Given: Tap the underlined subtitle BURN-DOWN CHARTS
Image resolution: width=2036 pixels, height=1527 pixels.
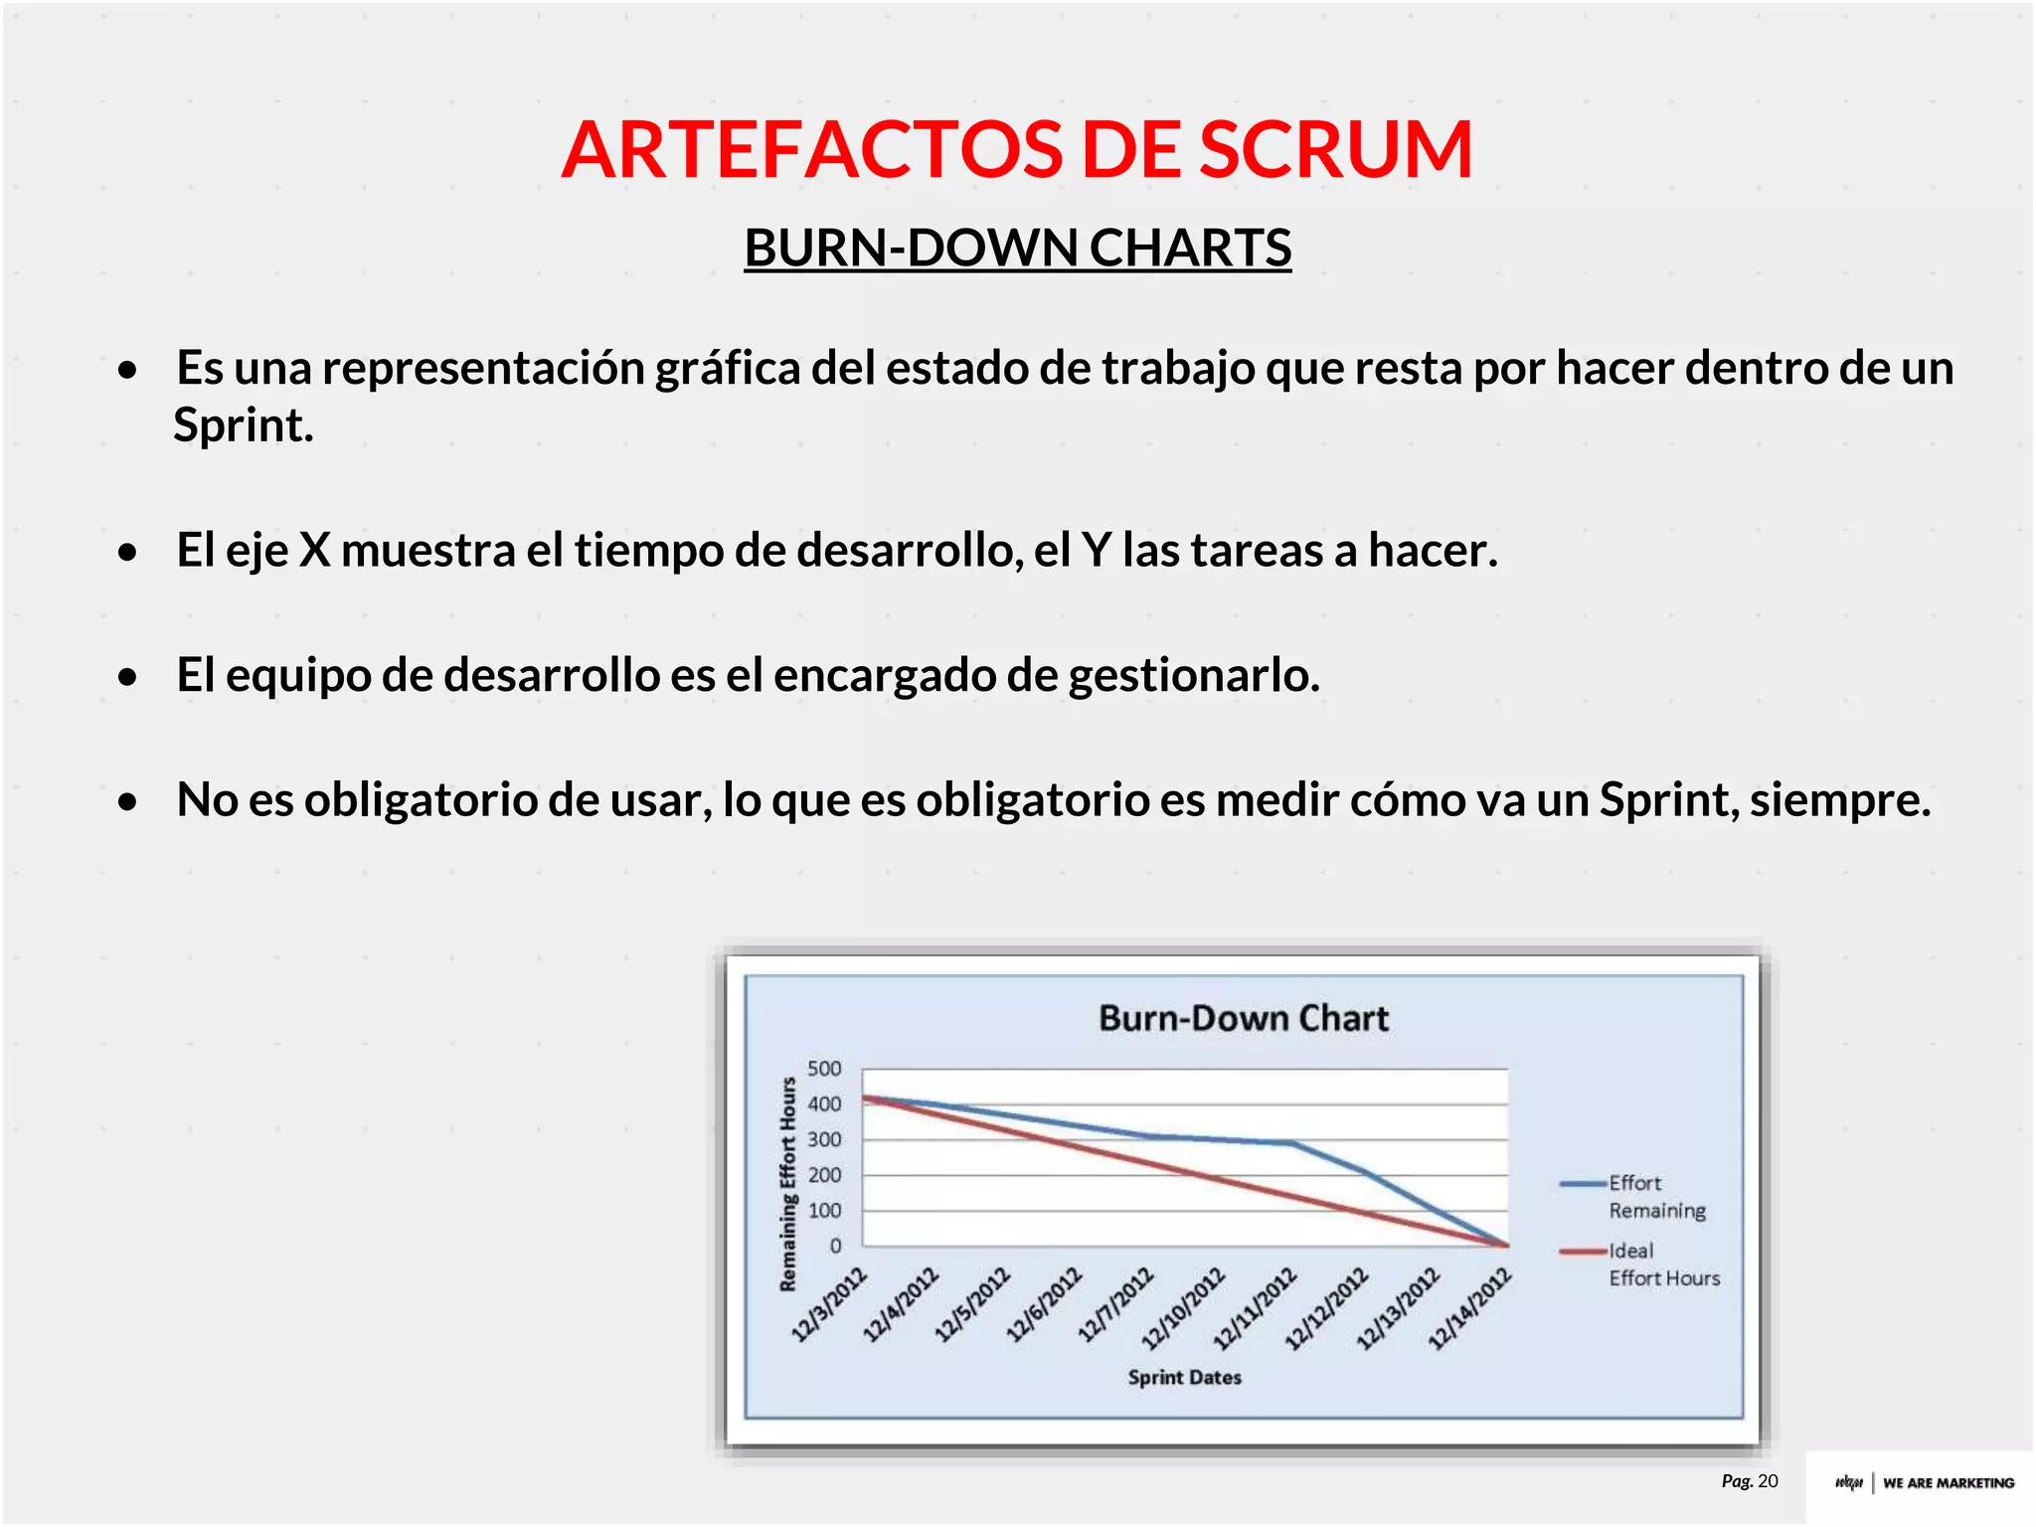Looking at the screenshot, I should pos(1017,248).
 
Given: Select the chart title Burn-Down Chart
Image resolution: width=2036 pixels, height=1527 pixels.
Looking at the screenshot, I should pos(1243,1018).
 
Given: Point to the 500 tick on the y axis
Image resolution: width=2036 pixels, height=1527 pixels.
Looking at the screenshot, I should pos(824,1069).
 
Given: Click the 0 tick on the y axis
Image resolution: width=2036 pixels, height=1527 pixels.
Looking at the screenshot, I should pos(835,1246).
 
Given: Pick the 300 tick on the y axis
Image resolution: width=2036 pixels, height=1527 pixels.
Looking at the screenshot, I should pos(824,1139).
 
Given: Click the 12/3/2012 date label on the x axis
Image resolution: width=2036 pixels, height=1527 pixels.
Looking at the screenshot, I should pos(830,1304).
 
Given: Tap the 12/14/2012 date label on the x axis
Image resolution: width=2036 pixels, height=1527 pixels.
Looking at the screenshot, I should pos(1470,1308).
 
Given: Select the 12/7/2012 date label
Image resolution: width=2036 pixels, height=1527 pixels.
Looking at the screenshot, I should pos(1116,1304).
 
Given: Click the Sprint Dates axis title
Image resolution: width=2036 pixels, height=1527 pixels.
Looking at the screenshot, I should pos(1184,1377).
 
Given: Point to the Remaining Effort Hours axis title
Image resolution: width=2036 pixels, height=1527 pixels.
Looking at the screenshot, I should pos(788,1183).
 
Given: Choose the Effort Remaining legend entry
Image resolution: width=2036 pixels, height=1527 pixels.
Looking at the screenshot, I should pos(1655,1196).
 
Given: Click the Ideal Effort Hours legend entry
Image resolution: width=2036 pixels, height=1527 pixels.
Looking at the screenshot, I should pos(1662,1264).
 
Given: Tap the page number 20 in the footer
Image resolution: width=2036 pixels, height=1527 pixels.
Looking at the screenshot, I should pos(1767,1481).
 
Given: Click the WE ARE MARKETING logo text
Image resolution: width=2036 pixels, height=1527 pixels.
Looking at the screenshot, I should pos(1948,1482).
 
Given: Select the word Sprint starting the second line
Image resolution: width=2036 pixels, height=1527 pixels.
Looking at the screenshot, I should pos(243,425).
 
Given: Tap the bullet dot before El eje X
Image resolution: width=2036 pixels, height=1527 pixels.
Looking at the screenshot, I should pos(127,553).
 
